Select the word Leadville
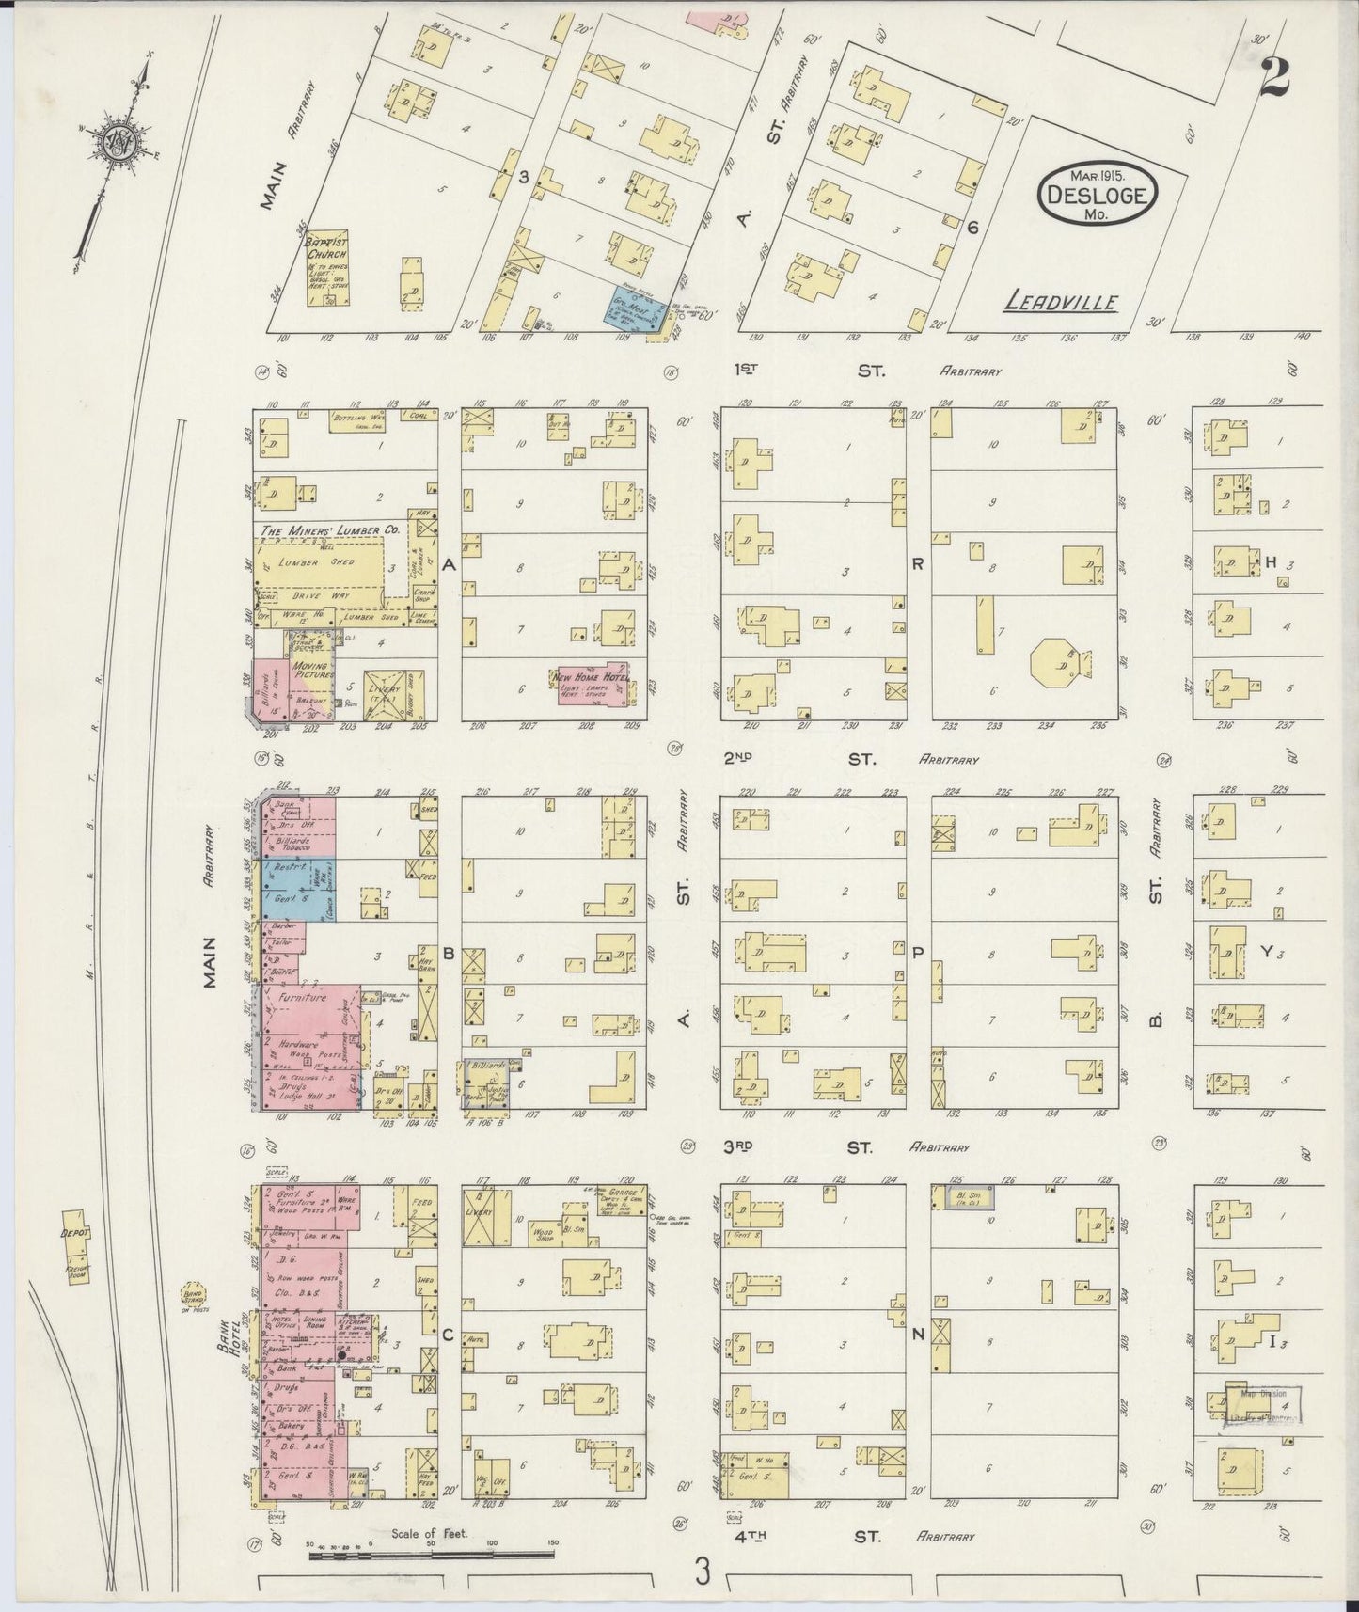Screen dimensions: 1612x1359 point(1060,303)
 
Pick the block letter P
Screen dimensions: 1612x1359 point(918,953)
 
